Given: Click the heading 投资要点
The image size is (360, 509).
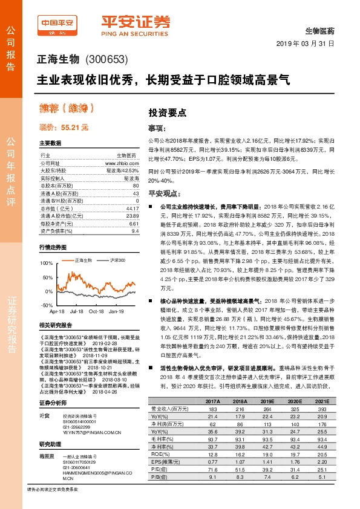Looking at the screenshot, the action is [x=168, y=112].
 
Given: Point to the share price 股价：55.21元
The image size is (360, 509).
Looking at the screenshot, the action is [x=64, y=128].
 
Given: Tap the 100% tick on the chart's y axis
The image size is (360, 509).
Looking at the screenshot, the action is [x=46, y=264].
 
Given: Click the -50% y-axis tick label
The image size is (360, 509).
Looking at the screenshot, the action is [x=46, y=306].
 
